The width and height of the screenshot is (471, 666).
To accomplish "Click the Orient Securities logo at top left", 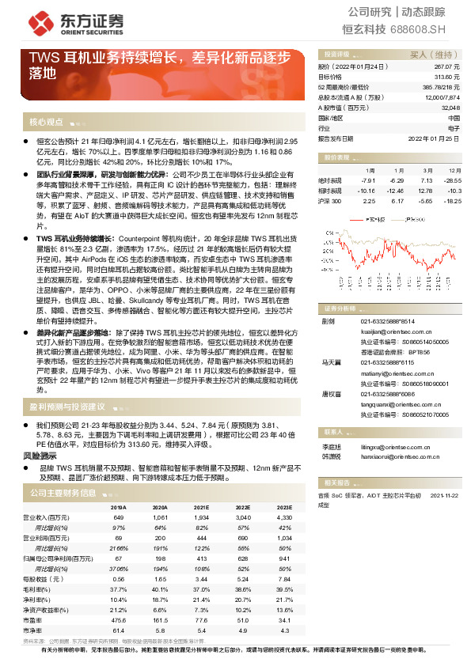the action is click(x=66, y=24).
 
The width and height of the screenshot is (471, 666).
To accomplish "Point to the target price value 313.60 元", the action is click(x=446, y=78).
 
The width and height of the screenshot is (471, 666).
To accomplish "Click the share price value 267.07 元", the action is click(x=446, y=69).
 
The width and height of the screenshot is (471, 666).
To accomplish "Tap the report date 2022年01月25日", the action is click(x=435, y=138).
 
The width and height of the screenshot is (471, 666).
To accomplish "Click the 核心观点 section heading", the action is click(x=46, y=122).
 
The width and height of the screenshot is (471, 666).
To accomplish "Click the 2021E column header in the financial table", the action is click(x=201, y=508).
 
